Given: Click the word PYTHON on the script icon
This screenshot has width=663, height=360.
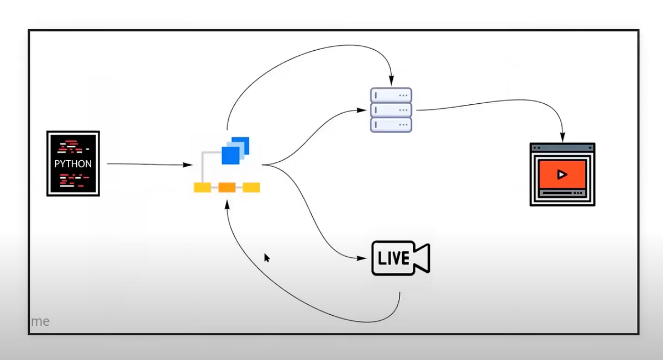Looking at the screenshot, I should (73, 164).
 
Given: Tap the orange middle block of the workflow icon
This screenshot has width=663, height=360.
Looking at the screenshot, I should (227, 188).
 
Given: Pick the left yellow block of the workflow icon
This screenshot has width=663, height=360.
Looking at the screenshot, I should (202, 188).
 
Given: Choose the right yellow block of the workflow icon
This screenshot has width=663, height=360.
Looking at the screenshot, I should (251, 188).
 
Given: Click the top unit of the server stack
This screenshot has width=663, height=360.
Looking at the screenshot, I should (391, 95).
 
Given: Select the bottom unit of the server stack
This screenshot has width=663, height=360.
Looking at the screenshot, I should (391, 124).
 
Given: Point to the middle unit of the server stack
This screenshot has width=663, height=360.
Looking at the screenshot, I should (391, 109).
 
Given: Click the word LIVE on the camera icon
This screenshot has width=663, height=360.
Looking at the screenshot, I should (393, 258).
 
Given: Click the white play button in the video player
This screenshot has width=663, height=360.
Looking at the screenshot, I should (562, 174).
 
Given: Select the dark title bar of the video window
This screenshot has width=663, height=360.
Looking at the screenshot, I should (562, 147).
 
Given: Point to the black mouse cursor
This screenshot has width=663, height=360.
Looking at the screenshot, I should (267, 257).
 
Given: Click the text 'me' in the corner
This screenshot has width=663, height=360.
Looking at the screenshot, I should (40, 321).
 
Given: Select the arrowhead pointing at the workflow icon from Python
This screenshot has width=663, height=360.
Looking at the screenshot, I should (189, 165).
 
